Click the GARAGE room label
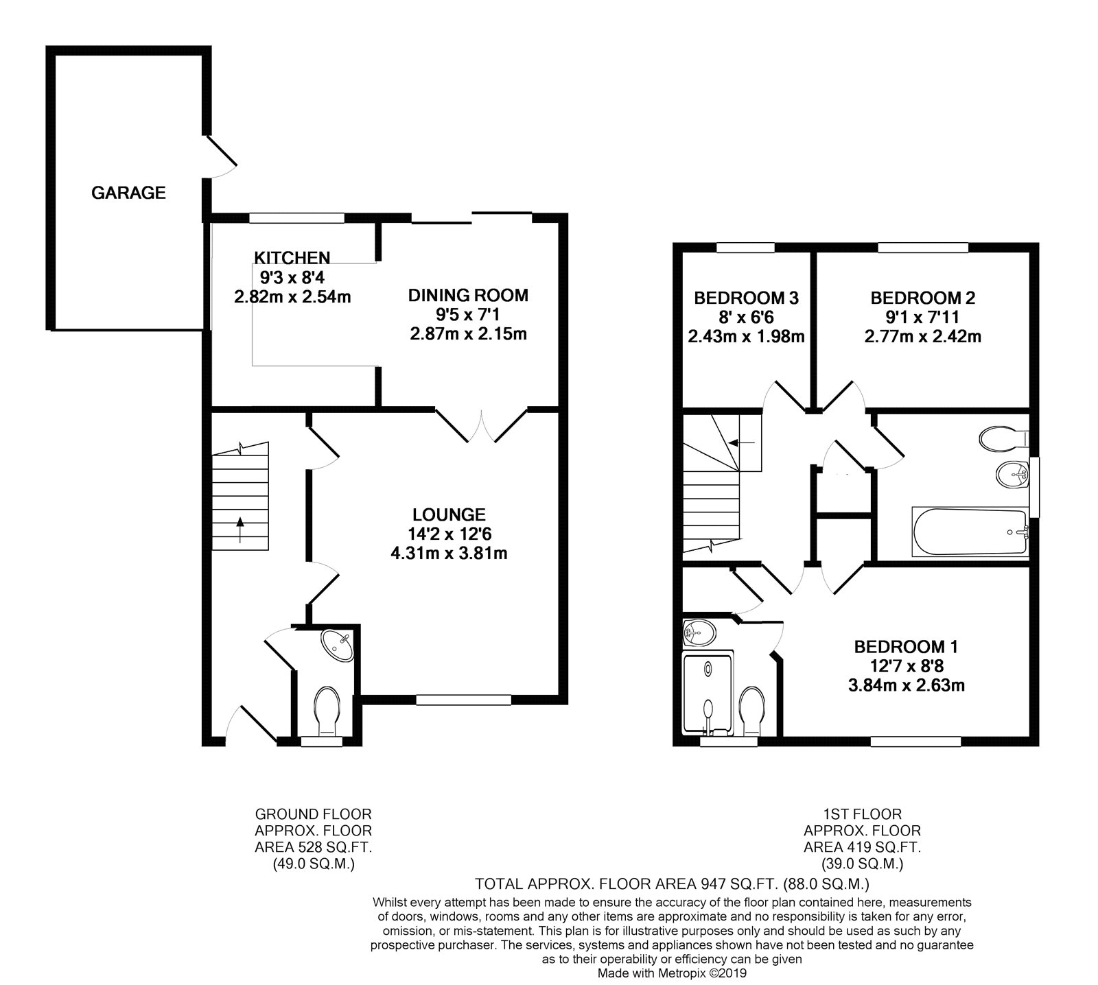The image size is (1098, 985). [128, 193]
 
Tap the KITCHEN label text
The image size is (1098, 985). [292, 258]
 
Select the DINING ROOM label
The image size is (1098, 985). [468, 296]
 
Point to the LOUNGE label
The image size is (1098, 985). [449, 514]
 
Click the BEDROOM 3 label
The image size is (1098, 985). [746, 298]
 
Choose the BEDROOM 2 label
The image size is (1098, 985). [923, 298]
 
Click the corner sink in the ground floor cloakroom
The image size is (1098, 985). [338, 643]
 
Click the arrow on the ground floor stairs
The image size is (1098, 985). [240, 530]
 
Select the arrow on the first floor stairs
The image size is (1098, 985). [742, 442]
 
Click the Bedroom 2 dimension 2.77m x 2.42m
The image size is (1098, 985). [923, 337]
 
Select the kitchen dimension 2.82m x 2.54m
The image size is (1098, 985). [292, 296]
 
